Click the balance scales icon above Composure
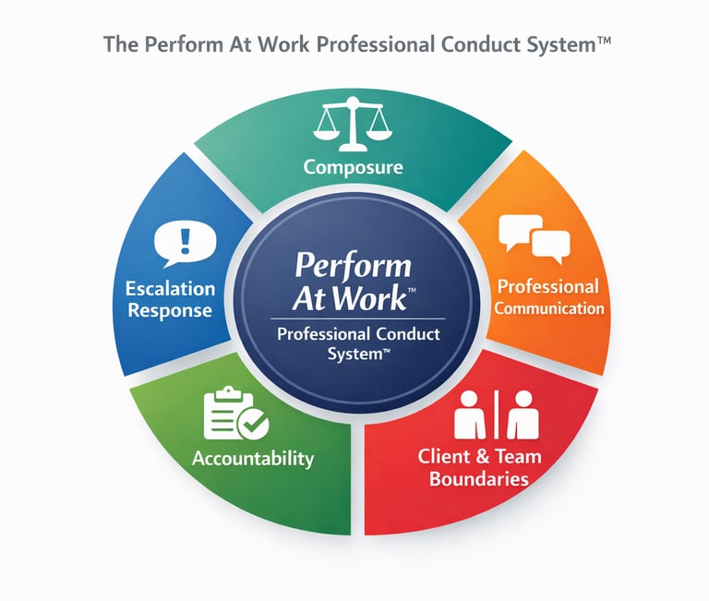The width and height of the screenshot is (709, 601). tap(354, 127)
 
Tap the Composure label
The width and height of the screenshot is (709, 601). tap(354, 167)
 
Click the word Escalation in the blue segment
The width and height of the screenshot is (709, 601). tap(170, 289)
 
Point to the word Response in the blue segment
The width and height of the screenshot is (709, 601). tap(171, 310)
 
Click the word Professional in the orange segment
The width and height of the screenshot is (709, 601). tap(548, 286)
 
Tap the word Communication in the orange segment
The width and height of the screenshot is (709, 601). tap(548, 308)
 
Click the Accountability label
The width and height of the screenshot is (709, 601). tap(252, 458)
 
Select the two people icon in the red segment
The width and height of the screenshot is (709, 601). tap(496, 415)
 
